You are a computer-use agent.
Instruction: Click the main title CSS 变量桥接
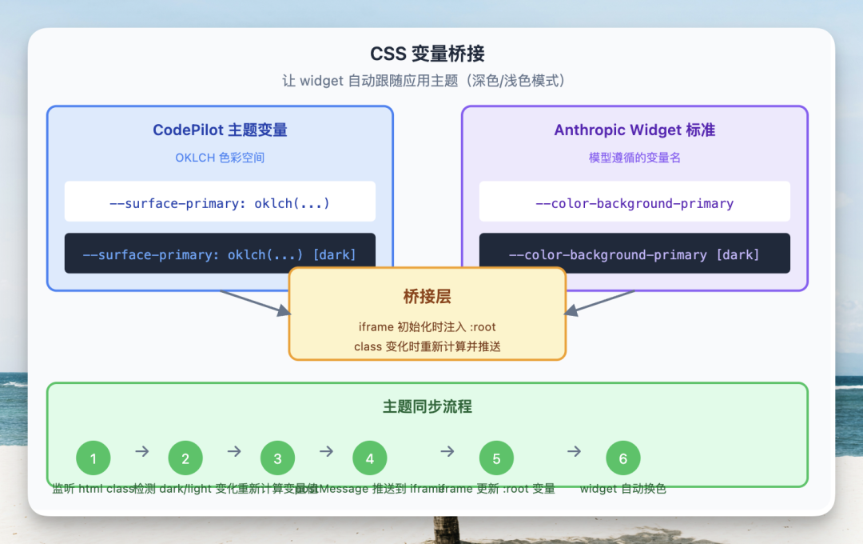[427, 54]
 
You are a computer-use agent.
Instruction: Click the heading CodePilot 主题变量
[220, 130]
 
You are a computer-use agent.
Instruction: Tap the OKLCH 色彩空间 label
[220, 158]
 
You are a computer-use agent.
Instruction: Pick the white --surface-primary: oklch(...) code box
[220, 203]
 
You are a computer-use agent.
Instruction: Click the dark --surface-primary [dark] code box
[220, 254]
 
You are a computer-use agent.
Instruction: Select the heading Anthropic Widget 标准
[634, 130]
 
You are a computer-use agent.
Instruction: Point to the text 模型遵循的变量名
[634, 158]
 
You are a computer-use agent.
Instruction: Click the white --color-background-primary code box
[634, 203]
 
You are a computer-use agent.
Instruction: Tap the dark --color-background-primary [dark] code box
[634, 254]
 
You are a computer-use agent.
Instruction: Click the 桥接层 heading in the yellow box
[427, 297]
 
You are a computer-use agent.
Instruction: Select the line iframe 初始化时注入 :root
[427, 327]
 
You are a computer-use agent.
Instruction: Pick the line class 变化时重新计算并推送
[427, 346]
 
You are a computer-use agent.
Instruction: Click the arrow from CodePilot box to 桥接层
[254, 302]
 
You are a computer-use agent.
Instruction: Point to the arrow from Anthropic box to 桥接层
[599, 302]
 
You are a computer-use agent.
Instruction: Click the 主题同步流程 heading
[427, 407]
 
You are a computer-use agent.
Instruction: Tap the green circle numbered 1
[93, 458]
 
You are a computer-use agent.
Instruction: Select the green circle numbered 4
[370, 458]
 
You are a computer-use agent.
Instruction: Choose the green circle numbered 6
[623, 458]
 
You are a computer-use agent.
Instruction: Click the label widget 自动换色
[623, 489]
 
